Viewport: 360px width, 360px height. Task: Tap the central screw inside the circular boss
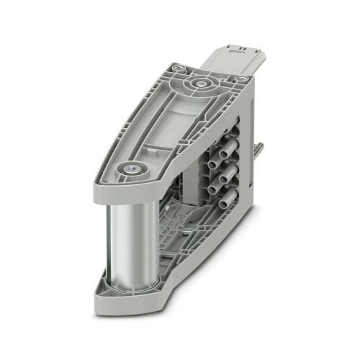(197, 84)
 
